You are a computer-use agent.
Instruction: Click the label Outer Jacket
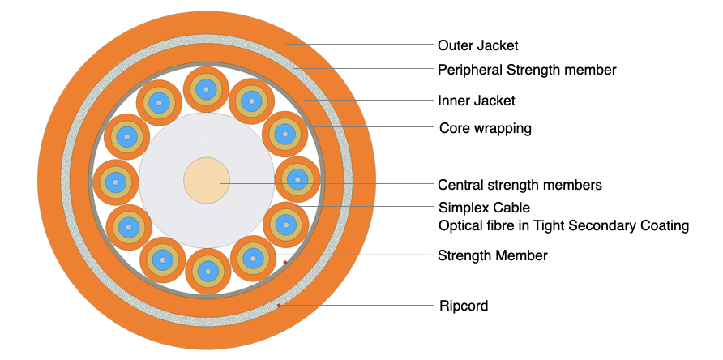tap(477, 45)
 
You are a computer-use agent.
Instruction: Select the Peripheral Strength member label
tap(527, 70)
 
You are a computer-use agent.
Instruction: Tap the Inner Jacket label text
tap(477, 101)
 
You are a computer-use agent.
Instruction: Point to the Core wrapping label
tap(485, 128)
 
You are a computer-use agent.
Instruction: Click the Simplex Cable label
tap(484, 208)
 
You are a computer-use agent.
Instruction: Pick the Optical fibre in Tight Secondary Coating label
tap(563, 225)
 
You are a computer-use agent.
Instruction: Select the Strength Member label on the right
tap(493, 255)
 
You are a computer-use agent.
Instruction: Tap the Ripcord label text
tap(463, 306)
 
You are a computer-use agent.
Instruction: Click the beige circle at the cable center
tap(207, 180)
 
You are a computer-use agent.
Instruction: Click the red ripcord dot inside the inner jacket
tap(285, 262)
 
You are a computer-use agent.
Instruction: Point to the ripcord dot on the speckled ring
tap(279, 305)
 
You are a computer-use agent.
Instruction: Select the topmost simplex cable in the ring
tap(207, 89)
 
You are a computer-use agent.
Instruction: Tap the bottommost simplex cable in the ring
tap(208, 271)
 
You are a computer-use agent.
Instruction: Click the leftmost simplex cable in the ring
tap(116, 182)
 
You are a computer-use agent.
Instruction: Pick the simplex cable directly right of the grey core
tap(297, 179)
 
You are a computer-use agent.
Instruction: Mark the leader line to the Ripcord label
tap(357, 306)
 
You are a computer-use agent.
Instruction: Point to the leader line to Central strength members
tap(324, 184)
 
